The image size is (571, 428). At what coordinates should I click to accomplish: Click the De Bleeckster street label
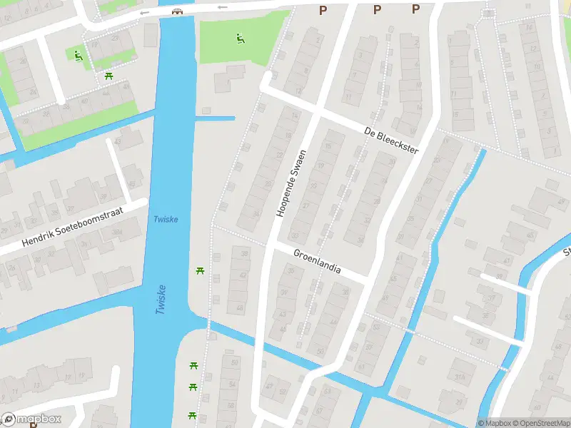(390, 141)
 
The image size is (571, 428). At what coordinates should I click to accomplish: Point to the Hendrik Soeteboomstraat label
(73, 228)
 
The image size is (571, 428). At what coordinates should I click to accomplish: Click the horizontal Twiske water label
(166, 219)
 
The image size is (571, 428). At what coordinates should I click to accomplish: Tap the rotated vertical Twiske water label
(161, 299)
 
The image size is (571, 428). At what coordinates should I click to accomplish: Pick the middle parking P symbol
(377, 9)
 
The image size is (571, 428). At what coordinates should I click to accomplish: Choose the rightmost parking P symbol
(415, 9)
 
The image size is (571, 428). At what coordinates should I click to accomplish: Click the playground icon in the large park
(239, 38)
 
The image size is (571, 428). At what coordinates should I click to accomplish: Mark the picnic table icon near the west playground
(108, 75)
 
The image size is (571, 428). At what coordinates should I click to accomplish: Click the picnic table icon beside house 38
(200, 270)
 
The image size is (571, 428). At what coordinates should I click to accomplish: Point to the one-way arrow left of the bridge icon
(146, 12)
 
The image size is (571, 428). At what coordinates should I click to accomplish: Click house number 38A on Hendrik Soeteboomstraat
(116, 232)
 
